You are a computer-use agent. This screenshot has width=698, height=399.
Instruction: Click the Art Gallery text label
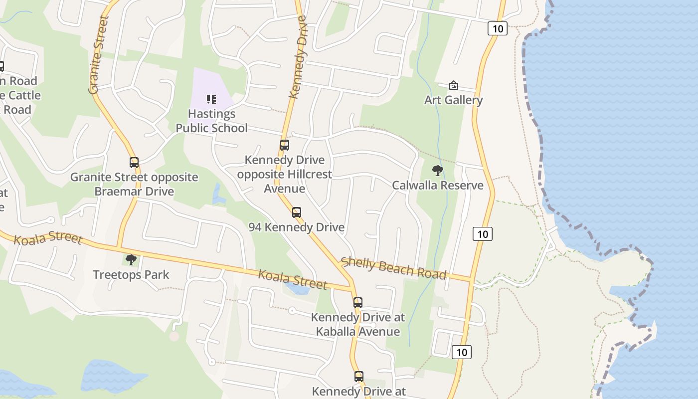pyautogui.click(x=453, y=100)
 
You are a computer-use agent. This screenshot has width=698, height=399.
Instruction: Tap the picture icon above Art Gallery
pyautogui.click(x=453, y=86)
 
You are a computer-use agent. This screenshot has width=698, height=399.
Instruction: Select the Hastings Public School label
pyautogui.click(x=211, y=121)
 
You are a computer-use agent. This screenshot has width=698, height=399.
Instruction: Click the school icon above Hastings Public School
pyautogui.click(x=211, y=99)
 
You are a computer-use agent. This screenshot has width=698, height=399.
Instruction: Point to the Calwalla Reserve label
pyautogui.click(x=437, y=186)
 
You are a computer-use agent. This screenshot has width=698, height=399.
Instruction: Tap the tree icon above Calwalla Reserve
pyautogui.click(x=437, y=171)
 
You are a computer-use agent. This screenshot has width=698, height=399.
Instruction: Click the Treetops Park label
pyautogui.click(x=131, y=274)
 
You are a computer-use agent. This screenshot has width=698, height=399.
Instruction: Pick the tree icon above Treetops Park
pyautogui.click(x=131, y=260)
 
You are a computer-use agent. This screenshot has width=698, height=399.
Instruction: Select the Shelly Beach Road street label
pyautogui.click(x=393, y=268)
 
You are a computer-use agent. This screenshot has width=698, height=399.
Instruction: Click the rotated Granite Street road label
pyautogui.click(x=98, y=55)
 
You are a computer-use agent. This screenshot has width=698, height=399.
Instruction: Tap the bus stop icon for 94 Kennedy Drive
pyautogui.click(x=297, y=212)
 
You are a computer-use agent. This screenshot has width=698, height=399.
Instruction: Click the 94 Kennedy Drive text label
pyautogui.click(x=297, y=227)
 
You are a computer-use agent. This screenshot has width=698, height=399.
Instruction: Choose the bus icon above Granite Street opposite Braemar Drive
pyautogui.click(x=134, y=163)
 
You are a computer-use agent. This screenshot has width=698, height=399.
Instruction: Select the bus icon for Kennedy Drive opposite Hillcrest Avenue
pyautogui.click(x=284, y=145)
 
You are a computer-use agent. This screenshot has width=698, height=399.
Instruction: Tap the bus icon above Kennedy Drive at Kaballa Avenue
pyautogui.click(x=358, y=303)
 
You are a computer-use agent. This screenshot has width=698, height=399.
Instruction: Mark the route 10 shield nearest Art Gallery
pyautogui.click(x=497, y=28)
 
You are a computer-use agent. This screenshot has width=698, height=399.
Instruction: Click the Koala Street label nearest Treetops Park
pyautogui.click(x=48, y=238)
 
